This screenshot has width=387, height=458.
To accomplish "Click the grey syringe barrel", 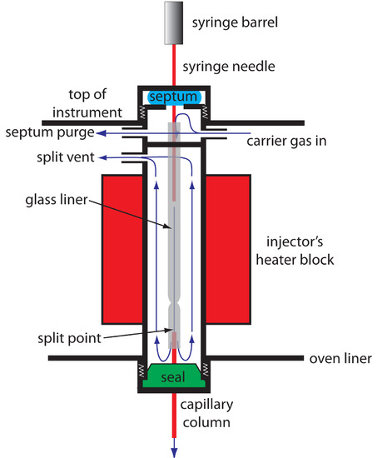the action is (174, 22).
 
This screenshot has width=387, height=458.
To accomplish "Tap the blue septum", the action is (174, 97).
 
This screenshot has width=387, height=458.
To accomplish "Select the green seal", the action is (174, 376).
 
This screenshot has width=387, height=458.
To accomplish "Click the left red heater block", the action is (122, 249).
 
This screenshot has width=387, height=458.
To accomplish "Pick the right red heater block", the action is (228, 249).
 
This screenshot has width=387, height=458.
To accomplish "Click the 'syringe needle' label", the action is (229, 67).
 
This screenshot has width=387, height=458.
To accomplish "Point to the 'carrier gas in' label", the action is (286, 141).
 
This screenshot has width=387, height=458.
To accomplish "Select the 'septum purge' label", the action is (50, 133).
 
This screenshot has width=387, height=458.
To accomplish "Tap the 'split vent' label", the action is (66, 157).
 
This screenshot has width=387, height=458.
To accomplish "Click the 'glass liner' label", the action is (57, 200).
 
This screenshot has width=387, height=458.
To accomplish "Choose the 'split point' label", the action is (69, 339).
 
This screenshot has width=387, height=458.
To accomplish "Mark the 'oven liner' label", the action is (340, 359).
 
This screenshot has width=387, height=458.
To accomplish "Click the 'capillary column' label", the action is (206, 414).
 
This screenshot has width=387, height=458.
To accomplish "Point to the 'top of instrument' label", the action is (87, 103).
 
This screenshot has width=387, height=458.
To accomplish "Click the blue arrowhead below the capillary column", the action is (174, 452).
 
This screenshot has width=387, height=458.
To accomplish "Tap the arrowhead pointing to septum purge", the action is (101, 133).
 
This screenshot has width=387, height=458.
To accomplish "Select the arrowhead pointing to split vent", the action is (102, 158).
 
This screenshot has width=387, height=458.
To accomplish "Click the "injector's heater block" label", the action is (295, 251).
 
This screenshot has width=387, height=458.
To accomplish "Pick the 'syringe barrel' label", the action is (235, 23).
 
